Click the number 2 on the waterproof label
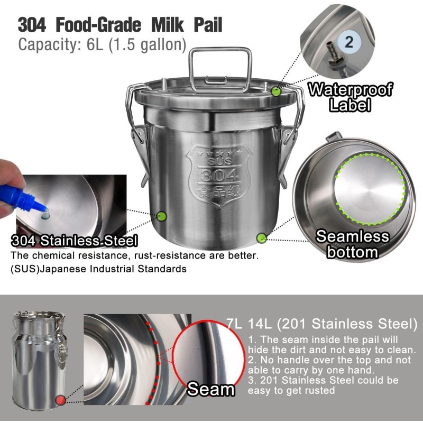pos(349,41)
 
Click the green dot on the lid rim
pos(275,91)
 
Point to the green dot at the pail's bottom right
pos(261,238)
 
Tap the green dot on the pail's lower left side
pos(162,216)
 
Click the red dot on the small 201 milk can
pos(61,399)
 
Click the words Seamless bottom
pos(352,244)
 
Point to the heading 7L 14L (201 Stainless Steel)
pos(325,323)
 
